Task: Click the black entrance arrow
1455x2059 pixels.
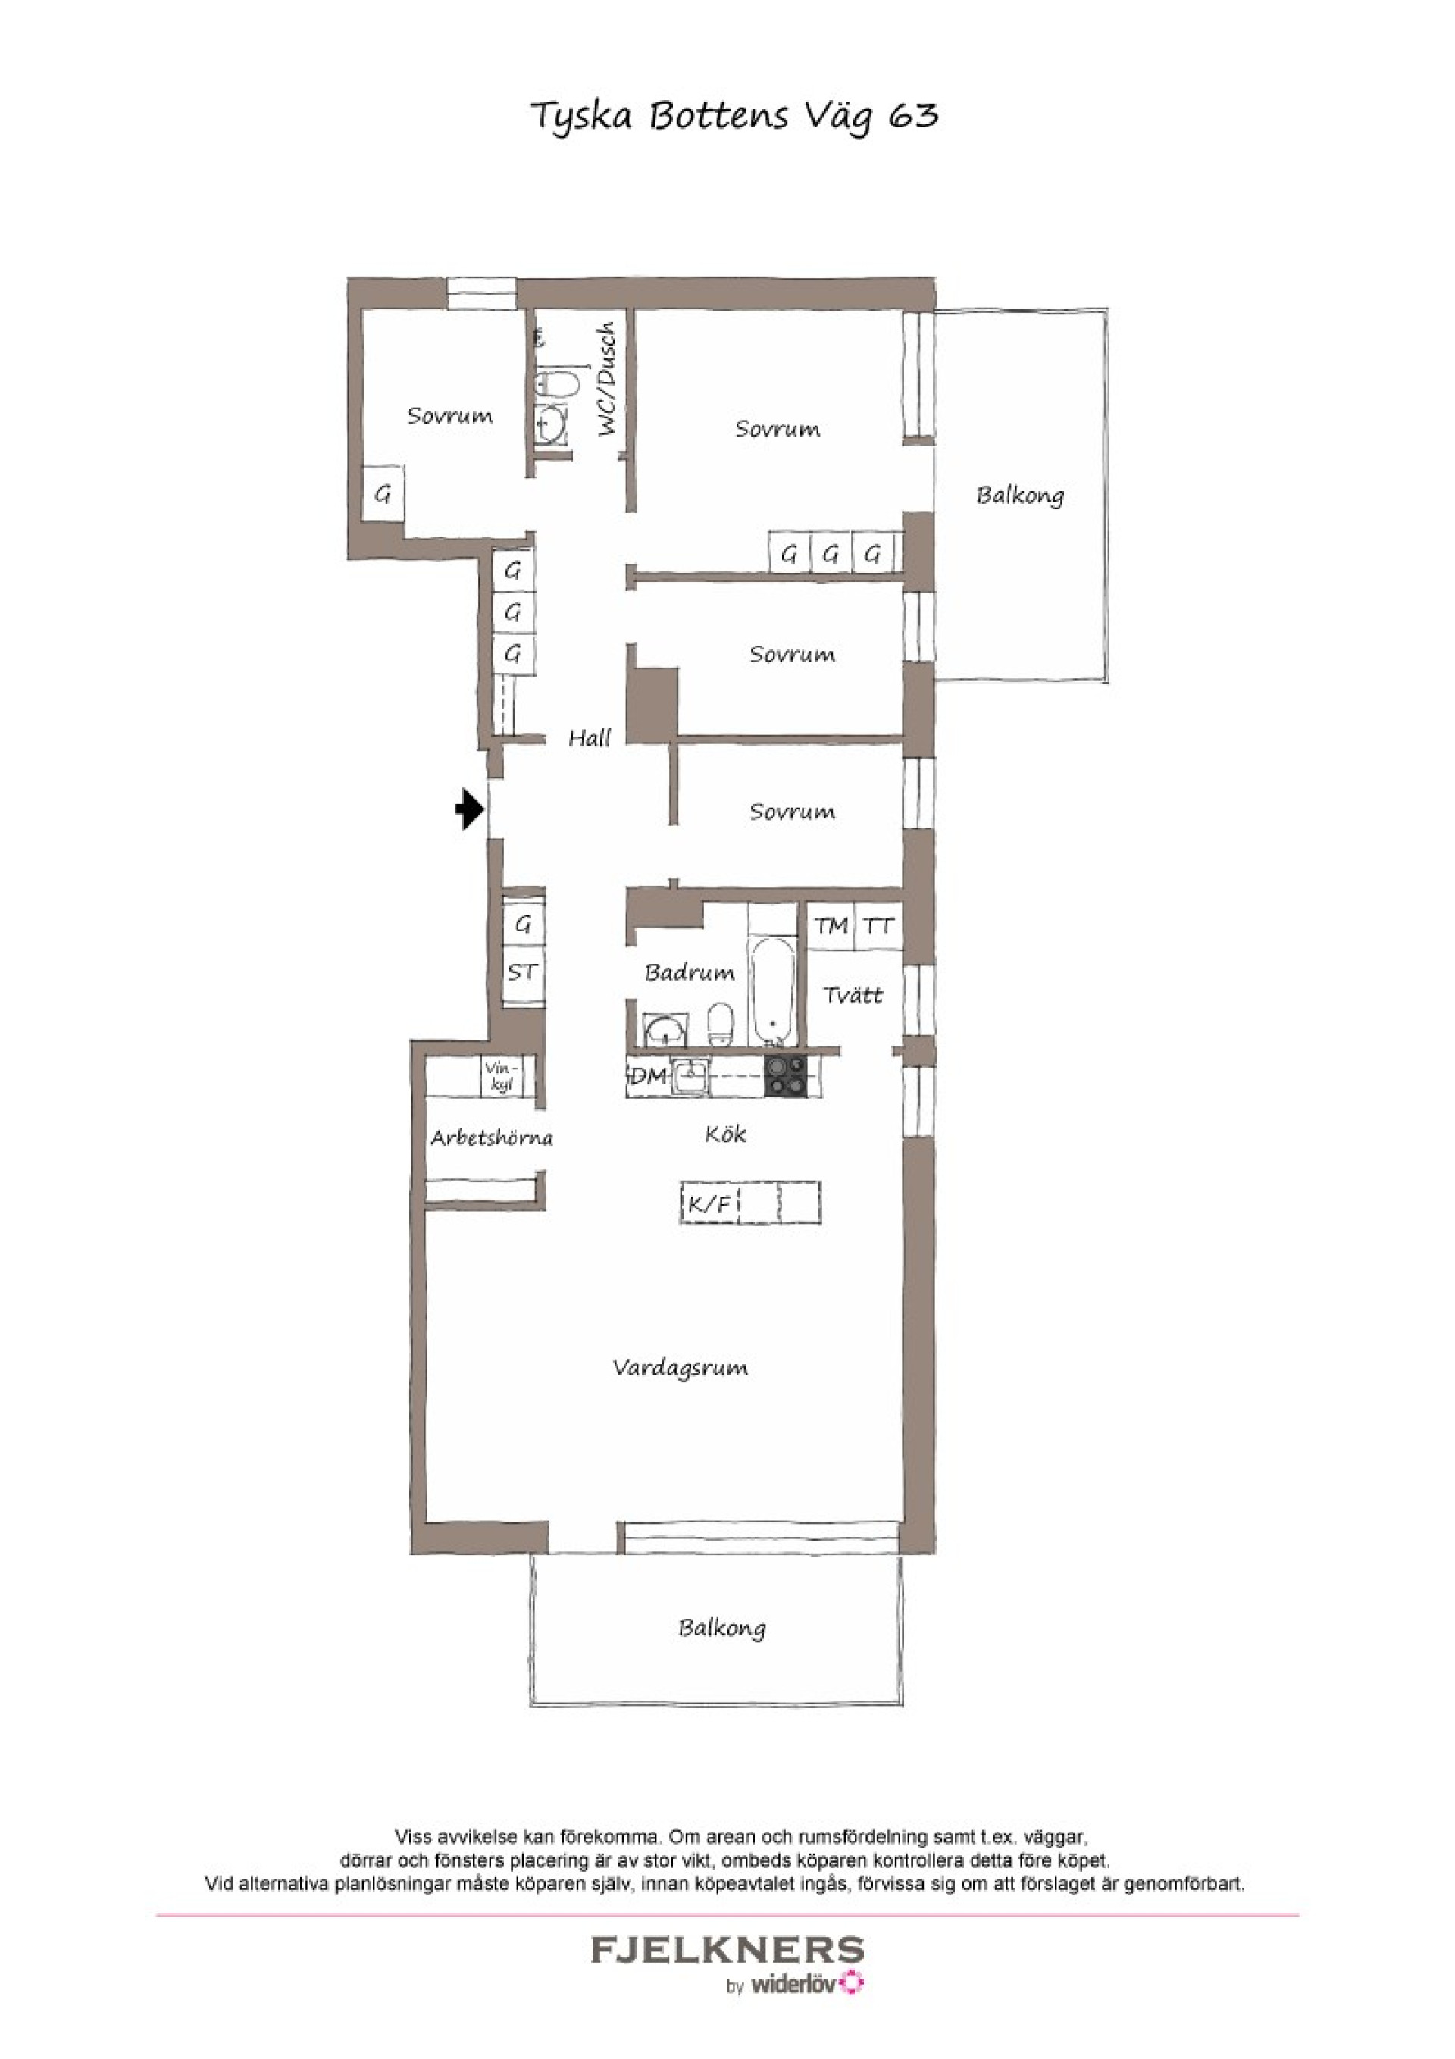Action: (x=469, y=809)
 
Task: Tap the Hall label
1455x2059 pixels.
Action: (x=590, y=738)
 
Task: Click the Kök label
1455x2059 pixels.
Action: (x=724, y=1134)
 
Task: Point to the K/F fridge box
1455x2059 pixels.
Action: (x=709, y=1203)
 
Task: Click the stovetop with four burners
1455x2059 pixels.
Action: (x=786, y=1076)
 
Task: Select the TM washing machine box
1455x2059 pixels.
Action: (x=831, y=925)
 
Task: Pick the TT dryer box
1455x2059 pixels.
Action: (x=878, y=925)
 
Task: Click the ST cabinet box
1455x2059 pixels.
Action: (x=523, y=972)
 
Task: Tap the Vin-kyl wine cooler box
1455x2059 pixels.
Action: (x=502, y=1077)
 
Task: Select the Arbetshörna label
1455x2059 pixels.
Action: (x=492, y=1138)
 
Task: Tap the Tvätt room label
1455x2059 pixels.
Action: (x=853, y=994)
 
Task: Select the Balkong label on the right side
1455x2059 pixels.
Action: (x=1020, y=495)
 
